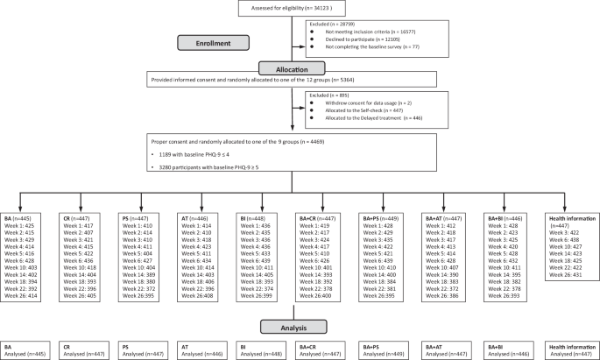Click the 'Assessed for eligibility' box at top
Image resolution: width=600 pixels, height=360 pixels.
coord(300,11)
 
